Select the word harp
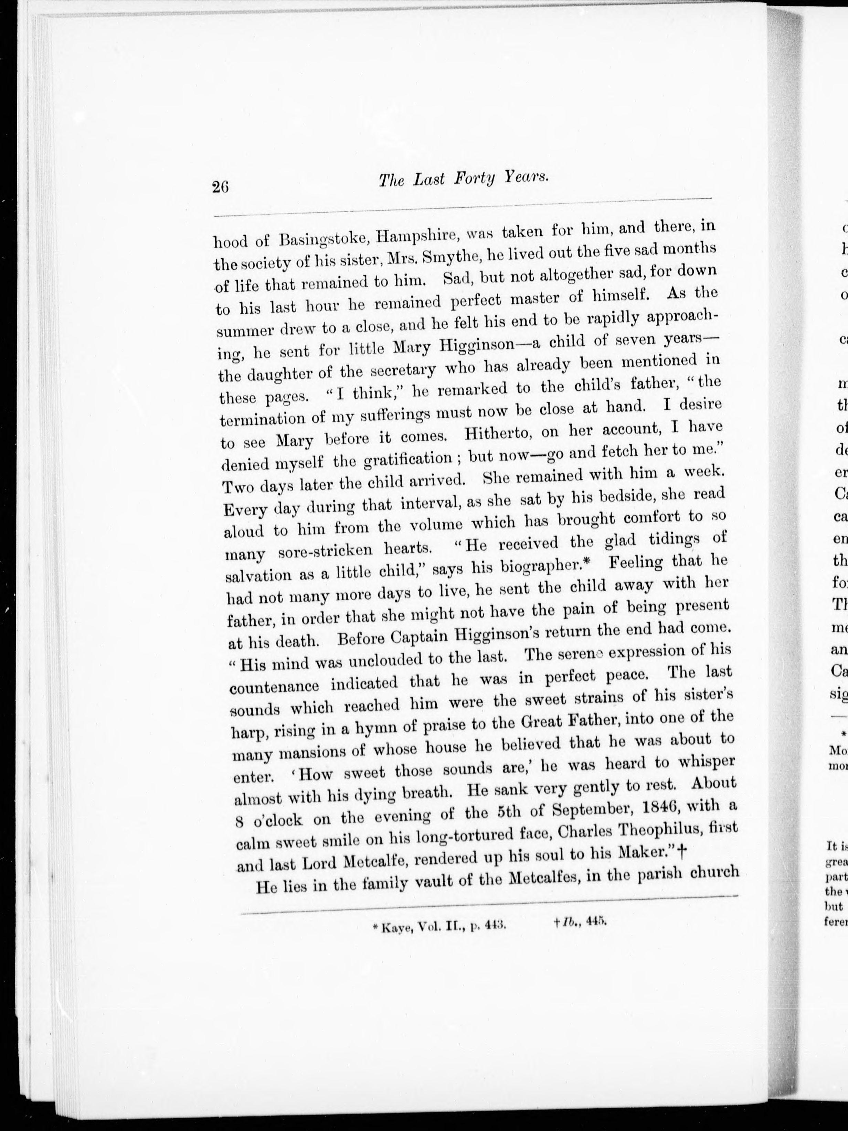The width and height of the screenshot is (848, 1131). pos(247,734)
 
